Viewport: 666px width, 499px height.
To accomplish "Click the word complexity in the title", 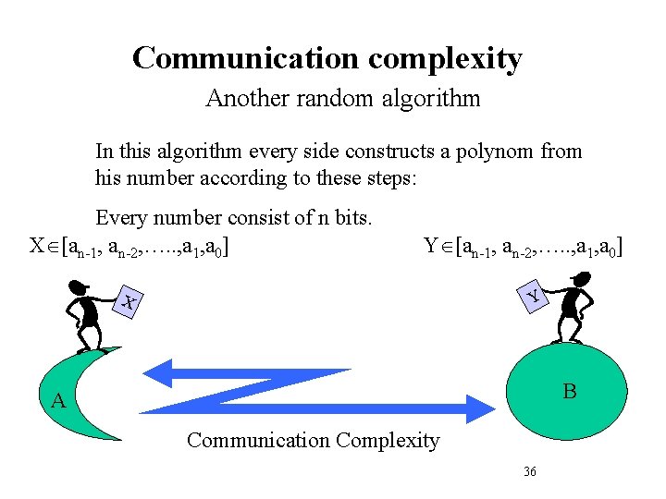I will pos(445,59).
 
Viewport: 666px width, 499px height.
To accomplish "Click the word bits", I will pos(351,218).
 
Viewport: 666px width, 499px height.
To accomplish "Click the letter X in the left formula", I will pos(37,247).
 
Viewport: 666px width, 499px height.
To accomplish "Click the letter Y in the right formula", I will pos(431,247).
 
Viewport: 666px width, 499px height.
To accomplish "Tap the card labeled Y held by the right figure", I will pos(533,296).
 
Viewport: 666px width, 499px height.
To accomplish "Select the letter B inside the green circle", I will pos(570,392).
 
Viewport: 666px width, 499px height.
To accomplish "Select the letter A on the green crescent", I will pos(57,401).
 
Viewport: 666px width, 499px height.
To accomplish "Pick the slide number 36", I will pos(530,471).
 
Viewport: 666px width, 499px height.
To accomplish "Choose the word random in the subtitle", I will pos(330,98).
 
